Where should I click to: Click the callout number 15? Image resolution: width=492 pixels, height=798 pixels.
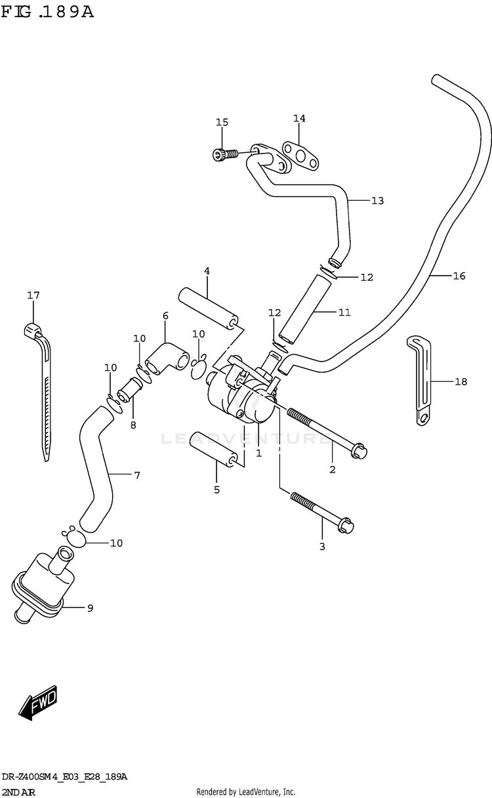[x=222, y=122]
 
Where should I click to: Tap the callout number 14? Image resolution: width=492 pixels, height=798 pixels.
[x=299, y=119]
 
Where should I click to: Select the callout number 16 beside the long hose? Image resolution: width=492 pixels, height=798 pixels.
[x=459, y=276]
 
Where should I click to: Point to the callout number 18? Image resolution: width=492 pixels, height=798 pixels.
[x=461, y=381]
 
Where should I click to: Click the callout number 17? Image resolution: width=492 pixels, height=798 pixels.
[x=33, y=295]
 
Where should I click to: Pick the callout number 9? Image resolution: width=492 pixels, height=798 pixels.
[x=89, y=608]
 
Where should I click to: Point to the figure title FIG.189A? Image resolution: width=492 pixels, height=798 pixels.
[x=47, y=12]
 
